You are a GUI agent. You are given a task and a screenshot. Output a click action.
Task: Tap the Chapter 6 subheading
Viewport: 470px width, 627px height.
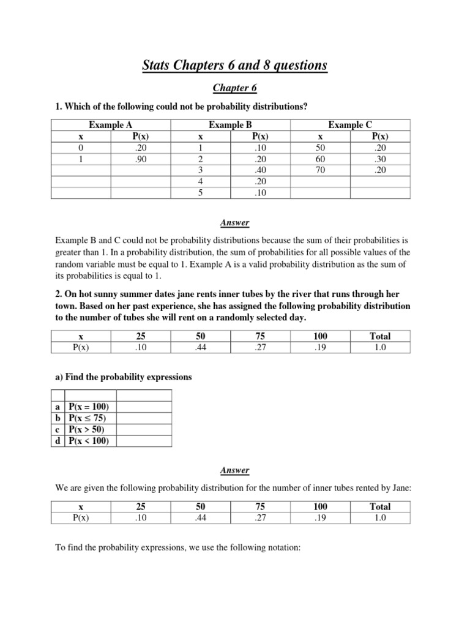[235, 88]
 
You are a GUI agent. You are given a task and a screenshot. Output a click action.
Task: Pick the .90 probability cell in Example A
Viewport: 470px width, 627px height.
[141, 159]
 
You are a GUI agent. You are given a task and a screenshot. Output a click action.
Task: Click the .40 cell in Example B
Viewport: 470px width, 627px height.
[260, 170]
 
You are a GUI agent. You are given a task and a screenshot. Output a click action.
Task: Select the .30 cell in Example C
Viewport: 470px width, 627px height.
[380, 159]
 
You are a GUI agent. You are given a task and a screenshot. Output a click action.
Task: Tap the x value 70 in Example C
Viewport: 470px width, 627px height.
[320, 170]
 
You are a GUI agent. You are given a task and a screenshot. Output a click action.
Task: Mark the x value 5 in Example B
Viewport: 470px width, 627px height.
[201, 193]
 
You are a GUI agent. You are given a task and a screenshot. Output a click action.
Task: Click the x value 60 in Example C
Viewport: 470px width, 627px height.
[320, 159]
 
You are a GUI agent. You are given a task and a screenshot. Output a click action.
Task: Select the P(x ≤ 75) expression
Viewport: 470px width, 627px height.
[89, 418]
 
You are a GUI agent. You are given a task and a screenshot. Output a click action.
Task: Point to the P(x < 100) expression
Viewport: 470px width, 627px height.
[89, 440]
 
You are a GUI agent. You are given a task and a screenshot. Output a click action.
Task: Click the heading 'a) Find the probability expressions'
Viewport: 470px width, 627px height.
[124, 377]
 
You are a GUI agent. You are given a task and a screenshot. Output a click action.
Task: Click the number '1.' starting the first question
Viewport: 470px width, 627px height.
[59, 107]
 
